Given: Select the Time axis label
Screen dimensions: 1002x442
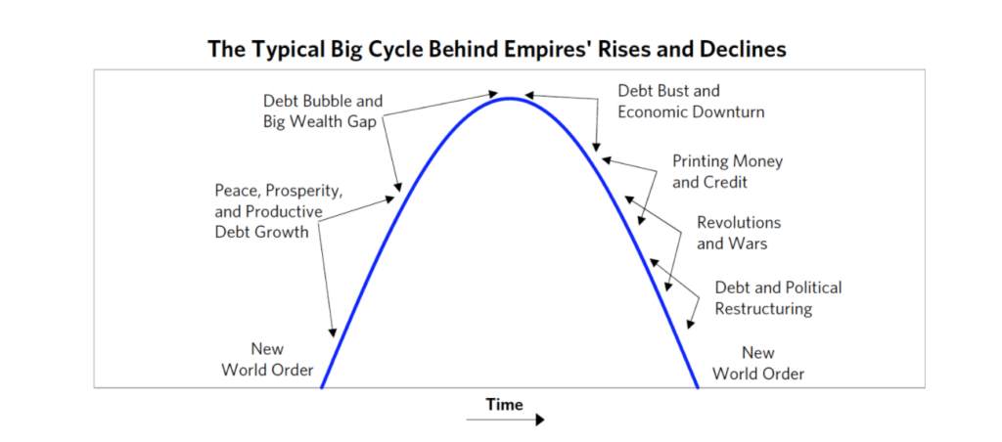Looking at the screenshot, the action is pos(504,404).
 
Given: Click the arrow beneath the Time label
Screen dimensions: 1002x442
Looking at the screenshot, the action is pos(506,420).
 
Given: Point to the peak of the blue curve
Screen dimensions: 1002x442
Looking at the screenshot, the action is pos(509,98).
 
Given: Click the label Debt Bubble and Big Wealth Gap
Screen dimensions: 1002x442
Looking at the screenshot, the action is pos(323,111).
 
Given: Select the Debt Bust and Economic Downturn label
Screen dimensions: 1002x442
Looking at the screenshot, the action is pos(691,101).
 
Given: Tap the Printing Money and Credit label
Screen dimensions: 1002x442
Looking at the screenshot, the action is pos(727,171).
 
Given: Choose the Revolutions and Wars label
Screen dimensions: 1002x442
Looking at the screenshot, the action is pos(739,233).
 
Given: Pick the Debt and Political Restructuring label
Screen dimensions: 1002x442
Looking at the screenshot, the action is pos(778,297).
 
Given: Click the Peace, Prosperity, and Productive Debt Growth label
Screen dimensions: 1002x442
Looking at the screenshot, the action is pos(279,211).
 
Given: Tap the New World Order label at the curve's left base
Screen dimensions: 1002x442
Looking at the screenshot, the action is pos(267,360).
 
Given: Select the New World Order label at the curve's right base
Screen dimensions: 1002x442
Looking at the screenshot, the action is pos(758,363).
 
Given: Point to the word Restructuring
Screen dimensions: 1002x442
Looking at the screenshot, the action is pos(763,309).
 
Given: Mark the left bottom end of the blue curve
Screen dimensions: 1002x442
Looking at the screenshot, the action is pos(321,387).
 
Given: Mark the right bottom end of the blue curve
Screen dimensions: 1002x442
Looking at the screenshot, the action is pos(697,387).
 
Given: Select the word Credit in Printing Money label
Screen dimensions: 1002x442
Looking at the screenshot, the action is pos(725,182).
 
